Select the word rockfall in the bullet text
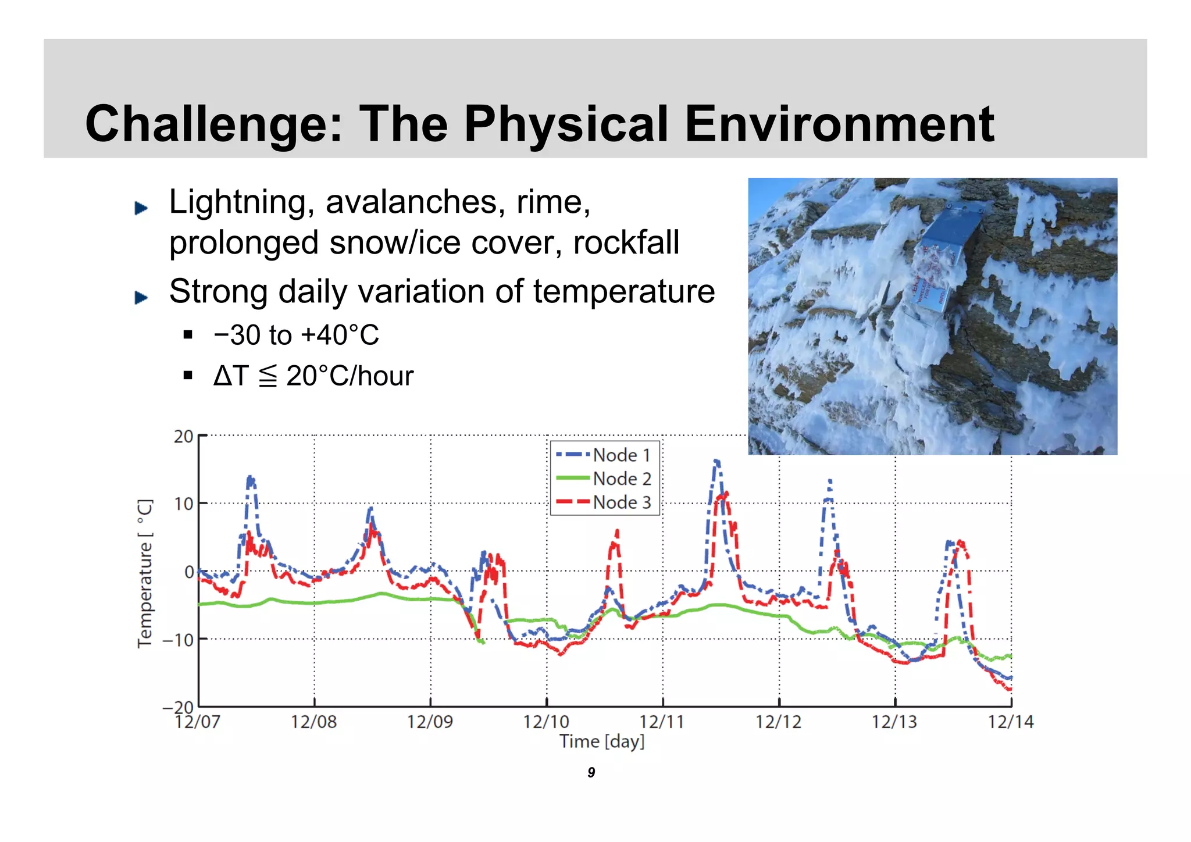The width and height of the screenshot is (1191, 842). (x=626, y=242)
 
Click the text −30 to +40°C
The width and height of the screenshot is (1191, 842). (x=296, y=336)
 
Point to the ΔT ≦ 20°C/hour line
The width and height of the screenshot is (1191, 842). (x=313, y=376)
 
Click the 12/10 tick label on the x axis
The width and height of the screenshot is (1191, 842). (x=545, y=722)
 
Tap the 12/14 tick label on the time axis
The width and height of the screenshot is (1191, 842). (x=1011, y=722)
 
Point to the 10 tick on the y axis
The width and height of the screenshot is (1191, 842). (x=183, y=504)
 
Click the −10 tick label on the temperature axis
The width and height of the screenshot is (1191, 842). (x=178, y=640)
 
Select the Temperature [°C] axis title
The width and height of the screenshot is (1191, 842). (x=145, y=573)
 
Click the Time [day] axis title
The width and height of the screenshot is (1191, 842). (x=602, y=742)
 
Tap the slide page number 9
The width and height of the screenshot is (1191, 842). (x=591, y=773)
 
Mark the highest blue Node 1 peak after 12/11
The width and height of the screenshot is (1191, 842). (x=716, y=462)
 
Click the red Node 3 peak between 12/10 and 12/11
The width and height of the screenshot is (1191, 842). (x=616, y=532)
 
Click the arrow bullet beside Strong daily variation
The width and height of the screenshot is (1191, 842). (x=141, y=298)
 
